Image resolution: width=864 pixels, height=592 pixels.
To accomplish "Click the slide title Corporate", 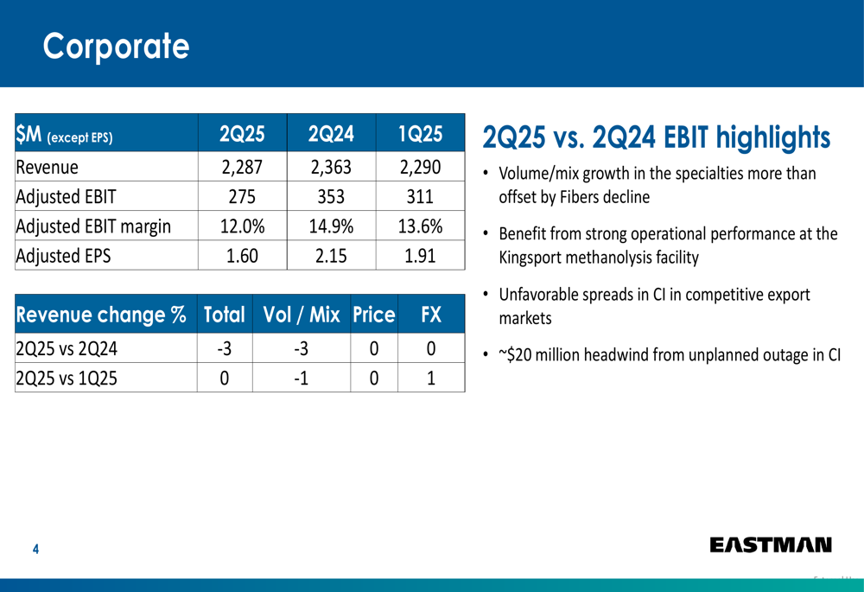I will pos(116,45).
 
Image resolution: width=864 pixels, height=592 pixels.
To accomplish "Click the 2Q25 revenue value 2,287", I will pos(242,167).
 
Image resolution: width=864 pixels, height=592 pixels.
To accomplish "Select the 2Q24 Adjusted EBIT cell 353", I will pos(331,197).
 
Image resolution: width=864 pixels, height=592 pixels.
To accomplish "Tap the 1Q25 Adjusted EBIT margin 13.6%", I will pos(420,226).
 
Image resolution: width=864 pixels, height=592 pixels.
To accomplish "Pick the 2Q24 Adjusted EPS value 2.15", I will pos(331,256).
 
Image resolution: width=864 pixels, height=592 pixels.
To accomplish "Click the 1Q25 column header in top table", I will pos(420,135).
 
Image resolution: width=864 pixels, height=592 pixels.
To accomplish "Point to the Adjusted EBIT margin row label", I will pos(93,226).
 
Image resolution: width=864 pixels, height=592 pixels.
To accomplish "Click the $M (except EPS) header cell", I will pos(65,136).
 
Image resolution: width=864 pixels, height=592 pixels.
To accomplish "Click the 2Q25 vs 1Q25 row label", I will pos(67,378).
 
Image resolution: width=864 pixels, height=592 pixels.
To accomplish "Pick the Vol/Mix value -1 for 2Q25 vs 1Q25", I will pos(301,378).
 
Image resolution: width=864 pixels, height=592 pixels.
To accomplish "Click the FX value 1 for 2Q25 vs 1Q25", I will pos(431,378).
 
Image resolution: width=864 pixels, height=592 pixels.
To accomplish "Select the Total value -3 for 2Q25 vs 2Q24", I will pos(225,348).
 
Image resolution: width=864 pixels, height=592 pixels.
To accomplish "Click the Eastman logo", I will pos(771,544).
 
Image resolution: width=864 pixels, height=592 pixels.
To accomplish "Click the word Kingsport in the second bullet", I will pos(535,257).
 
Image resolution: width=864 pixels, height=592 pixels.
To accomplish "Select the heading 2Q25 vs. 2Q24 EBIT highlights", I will pos(656,137).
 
